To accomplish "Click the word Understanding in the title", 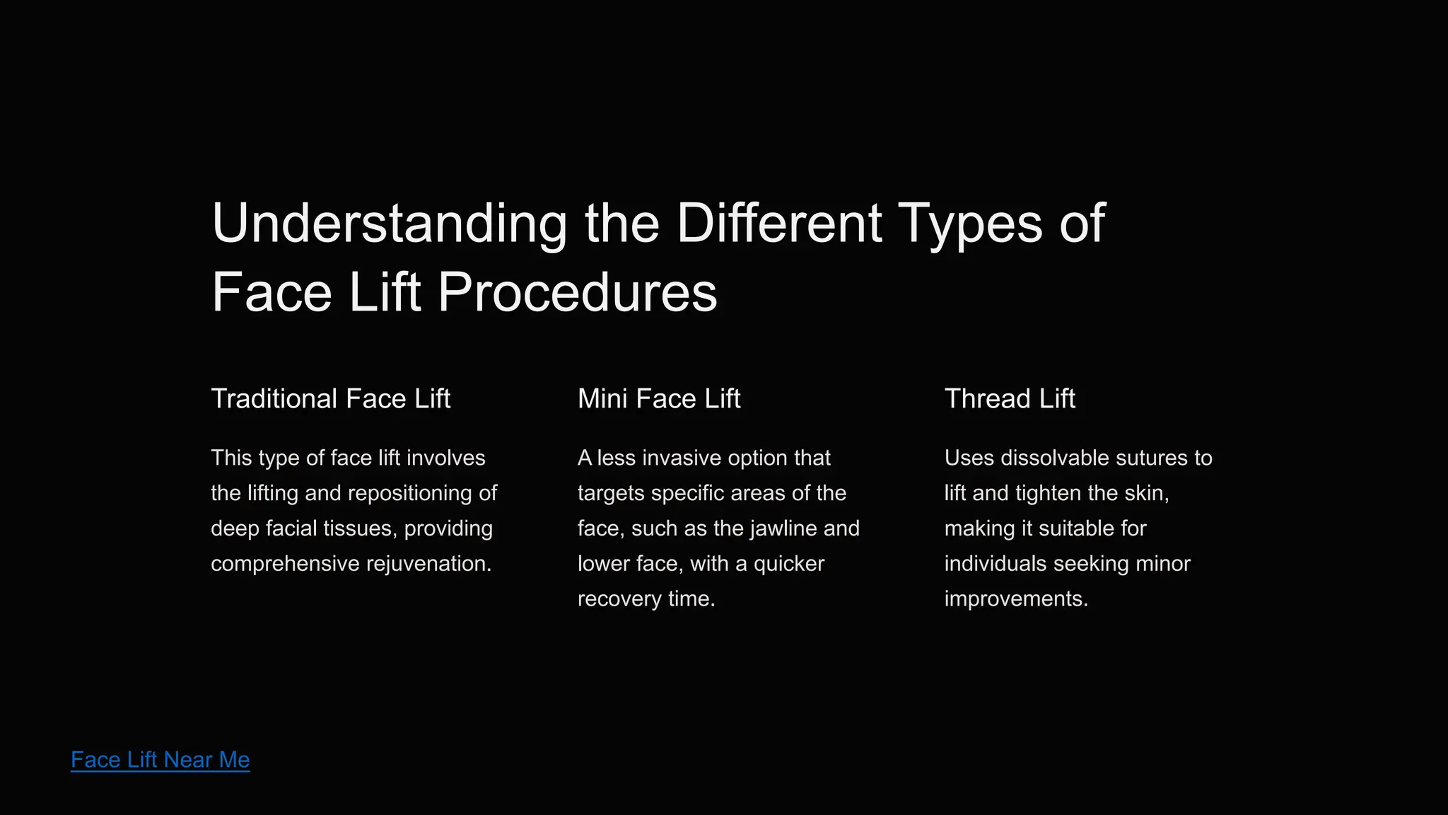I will click(389, 224).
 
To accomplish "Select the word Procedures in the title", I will click(577, 293).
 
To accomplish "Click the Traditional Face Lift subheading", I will click(330, 399).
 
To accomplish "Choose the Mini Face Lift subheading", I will click(659, 399).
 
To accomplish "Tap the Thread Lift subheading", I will click(1010, 399).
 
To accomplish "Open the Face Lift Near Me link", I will click(160, 760).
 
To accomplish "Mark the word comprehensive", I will click(285, 564).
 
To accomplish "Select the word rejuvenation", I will click(428, 564).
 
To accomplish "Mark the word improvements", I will click(1016, 599).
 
